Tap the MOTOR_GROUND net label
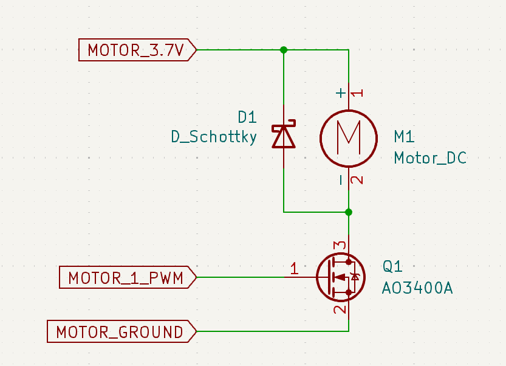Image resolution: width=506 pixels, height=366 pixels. [x=120, y=332]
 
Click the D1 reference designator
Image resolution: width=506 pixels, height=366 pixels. [x=247, y=117]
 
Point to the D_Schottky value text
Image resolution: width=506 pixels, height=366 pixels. [x=214, y=137]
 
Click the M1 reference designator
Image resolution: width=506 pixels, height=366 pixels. [x=405, y=136]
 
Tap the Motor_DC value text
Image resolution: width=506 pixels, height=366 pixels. [x=430, y=158]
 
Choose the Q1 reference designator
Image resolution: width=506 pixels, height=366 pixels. [x=392, y=266]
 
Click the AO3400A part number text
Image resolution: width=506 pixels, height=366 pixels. [x=417, y=288]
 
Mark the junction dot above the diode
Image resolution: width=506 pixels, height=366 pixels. [x=284, y=49]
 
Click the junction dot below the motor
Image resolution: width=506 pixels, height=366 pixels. [x=349, y=212]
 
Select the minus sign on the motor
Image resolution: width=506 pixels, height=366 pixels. [x=341, y=179]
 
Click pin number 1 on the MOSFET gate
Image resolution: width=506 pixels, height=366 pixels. [x=294, y=268]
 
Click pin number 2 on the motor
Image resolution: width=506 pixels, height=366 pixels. [x=358, y=180]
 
